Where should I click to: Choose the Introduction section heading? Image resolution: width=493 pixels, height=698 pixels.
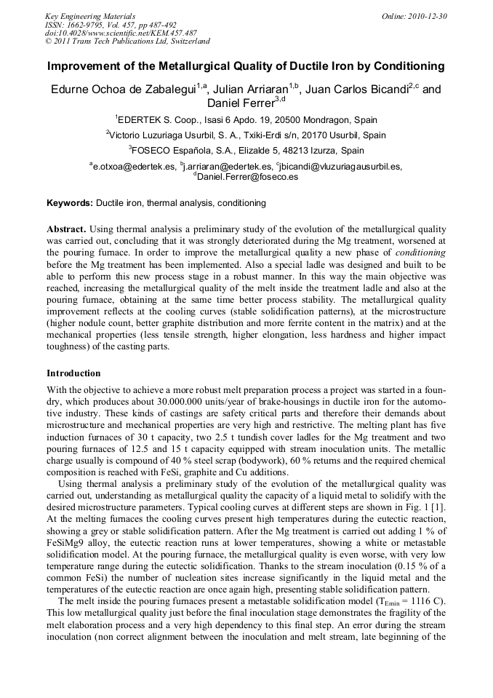point(73,373)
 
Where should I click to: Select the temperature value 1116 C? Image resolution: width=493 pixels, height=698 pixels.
point(428,601)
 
